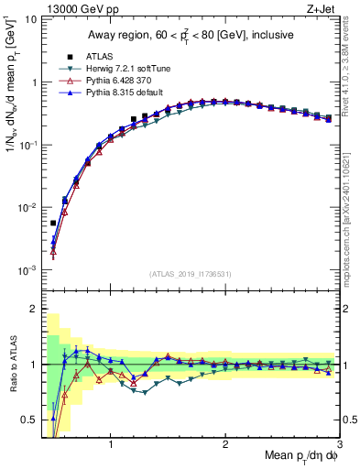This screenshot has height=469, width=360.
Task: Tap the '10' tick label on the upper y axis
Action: click(x=30, y=19)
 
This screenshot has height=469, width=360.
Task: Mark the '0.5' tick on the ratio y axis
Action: click(x=29, y=420)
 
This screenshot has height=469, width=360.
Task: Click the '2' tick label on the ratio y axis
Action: click(x=33, y=309)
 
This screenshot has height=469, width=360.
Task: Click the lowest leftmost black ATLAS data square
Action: click(x=53, y=223)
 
